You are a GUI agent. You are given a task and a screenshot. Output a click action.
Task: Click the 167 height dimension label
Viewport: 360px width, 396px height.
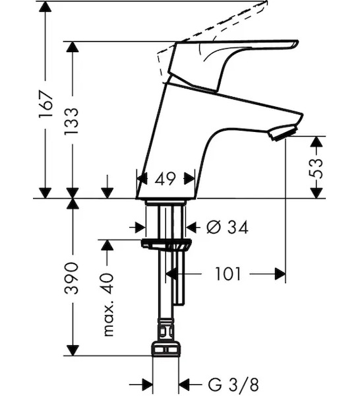(45, 104)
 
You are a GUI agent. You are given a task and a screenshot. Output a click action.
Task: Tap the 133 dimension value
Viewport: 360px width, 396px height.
(71, 121)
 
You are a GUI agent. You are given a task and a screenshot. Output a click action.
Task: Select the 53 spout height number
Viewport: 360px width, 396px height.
(316, 168)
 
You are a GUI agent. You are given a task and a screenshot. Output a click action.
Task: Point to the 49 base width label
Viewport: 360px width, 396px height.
(165, 179)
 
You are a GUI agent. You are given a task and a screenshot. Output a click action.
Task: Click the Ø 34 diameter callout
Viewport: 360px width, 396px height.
(227, 227)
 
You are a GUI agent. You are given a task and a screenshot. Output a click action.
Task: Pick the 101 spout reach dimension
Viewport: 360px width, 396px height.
(228, 274)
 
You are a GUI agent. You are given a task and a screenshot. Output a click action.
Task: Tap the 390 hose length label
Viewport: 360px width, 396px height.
(71, 278)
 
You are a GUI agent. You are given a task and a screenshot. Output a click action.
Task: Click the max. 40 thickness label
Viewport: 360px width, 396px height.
(109, 304)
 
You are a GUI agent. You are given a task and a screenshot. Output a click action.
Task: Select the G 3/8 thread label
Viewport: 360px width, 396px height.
(233, 385)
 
